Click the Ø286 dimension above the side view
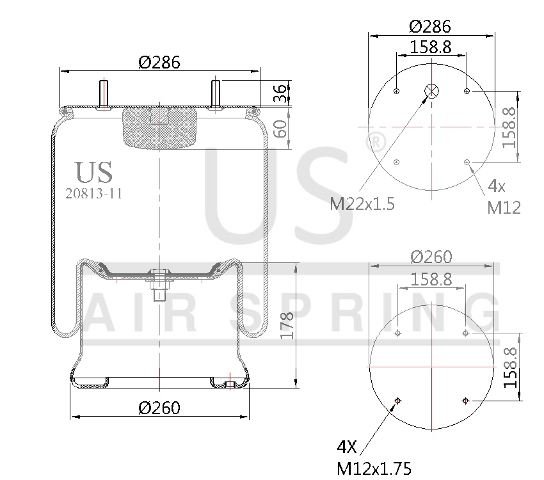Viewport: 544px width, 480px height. pos(159,62)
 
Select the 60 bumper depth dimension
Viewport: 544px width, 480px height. pos(280,129)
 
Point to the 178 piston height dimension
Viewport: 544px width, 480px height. pos(287,325)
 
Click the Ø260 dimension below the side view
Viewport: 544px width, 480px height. pos(159,408)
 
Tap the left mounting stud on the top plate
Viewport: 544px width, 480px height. pos(102,94)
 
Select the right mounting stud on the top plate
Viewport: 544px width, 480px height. pos(216,94)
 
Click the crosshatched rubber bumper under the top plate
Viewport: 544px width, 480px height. pos(159,128)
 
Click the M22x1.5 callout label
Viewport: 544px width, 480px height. pos(362,204)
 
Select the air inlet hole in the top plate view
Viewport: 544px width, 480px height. pos(432,91)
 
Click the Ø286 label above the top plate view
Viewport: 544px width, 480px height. pos(430,26)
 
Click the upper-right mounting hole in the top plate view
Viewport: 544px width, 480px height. pos(467,92)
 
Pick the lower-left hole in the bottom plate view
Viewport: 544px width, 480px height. pos(397,401)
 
